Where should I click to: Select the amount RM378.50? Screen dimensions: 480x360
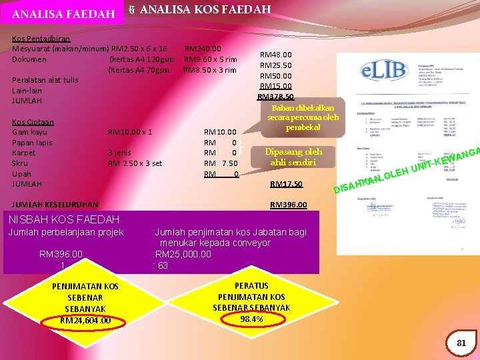(x=276, y=97)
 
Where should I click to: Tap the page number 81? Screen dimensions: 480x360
(x=461, y=343)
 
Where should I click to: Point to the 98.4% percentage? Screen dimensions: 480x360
(x=251, y=319)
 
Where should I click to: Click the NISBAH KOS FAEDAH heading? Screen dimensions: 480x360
(x=64, y=219)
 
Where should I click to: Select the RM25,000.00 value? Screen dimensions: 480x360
(x=182, y=254)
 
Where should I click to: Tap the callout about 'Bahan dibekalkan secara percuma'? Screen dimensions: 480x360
(x=303, y=117)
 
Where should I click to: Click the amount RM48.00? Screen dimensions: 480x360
(x=275, y=55)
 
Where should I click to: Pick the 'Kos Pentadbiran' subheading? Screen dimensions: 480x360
(x=42, y=39)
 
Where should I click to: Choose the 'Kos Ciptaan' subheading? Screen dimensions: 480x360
(x=33, y=122)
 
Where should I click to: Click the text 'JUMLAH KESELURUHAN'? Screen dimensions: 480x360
(x=55, y=205)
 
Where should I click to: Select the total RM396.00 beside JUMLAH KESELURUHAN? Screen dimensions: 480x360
(x=288, y=205)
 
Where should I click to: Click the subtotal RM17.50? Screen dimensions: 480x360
(x=286, y=184)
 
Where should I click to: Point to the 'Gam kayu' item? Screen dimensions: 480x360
(x=31, y=132)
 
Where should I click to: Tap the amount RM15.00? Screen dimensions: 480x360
(x=275, y=86)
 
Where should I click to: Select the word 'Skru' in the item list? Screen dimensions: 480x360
(x=20, y=163)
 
